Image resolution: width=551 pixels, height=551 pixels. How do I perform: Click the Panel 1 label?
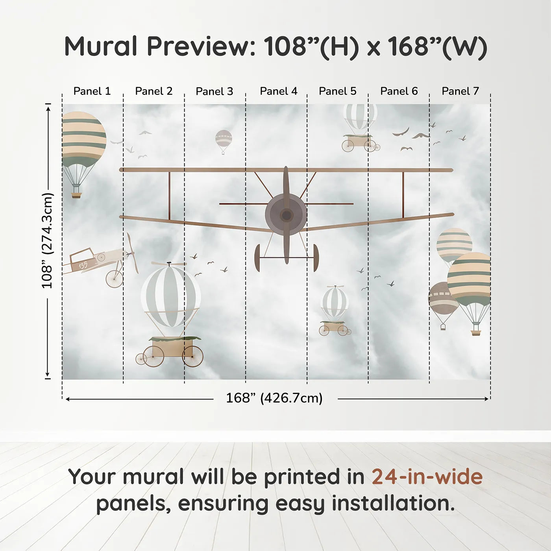(92, 91)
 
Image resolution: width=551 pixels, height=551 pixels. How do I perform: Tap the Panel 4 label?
(278, 91)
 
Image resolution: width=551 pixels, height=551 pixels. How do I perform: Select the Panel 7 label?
(460, 91)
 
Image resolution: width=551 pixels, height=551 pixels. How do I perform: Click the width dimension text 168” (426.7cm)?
(274, 398)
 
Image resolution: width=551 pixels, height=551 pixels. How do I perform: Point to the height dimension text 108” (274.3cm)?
(47, 240)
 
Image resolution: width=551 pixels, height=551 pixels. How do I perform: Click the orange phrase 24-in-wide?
(427, 477)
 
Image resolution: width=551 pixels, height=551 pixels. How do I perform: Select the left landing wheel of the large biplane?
(257, 258)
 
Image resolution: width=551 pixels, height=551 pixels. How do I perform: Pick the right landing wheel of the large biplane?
(316, 258)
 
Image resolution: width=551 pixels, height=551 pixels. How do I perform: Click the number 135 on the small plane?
(83, 265)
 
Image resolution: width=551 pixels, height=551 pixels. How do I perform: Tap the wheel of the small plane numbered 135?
(114, 279)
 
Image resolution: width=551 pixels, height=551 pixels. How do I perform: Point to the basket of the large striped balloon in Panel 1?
(76, 194)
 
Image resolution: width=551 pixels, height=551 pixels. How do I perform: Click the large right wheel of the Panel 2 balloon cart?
(193, 357)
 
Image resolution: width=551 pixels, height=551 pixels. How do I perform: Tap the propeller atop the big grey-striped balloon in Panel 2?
(169, 264)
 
